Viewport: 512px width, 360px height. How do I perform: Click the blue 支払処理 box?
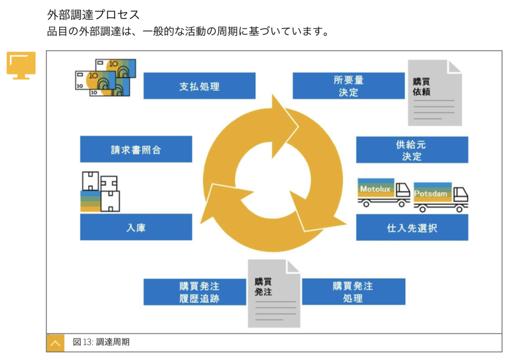[x=199, y=86]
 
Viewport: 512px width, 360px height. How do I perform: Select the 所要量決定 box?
[x=348, y=86]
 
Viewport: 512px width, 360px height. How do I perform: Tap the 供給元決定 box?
[x=412, y=150]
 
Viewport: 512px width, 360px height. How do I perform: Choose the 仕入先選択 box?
[x=412, y=228]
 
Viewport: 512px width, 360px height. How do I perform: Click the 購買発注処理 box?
[x=354, y=292]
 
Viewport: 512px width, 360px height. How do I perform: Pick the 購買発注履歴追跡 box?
[x=195, y=292]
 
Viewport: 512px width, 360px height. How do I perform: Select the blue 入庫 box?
[x=136, y=227]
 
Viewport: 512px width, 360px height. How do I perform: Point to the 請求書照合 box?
[x=136, y=149]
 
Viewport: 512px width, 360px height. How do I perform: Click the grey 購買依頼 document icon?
[x=435, y=93]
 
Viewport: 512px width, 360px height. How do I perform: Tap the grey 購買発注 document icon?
[x=274, y=294]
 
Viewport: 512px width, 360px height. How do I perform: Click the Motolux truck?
[x=384, y=193]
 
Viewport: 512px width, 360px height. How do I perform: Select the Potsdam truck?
[x=441, y=197]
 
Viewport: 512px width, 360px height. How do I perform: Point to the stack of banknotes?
[x=106, y=78]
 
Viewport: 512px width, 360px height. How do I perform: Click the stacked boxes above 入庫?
[x=100, y=192]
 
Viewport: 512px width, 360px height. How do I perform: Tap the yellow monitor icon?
[x=21, y=65]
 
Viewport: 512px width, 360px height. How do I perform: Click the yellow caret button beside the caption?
[x=55, y=343]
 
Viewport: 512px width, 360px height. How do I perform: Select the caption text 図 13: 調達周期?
[x=101, y=342]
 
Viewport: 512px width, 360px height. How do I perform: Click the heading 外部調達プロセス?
[x=93, y=15]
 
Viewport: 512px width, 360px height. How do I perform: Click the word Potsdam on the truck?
[x=431, y=194]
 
